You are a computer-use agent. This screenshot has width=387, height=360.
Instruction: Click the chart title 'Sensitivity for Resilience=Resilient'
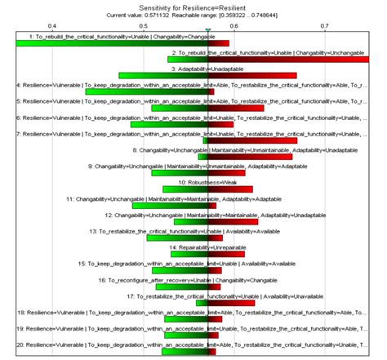pos(193,7)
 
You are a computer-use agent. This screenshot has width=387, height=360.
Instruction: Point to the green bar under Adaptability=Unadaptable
pos(163,76)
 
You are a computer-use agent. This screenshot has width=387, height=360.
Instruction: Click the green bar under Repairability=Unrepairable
pos(186,254)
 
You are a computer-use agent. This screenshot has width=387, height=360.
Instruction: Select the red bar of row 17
pos(232,303)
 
